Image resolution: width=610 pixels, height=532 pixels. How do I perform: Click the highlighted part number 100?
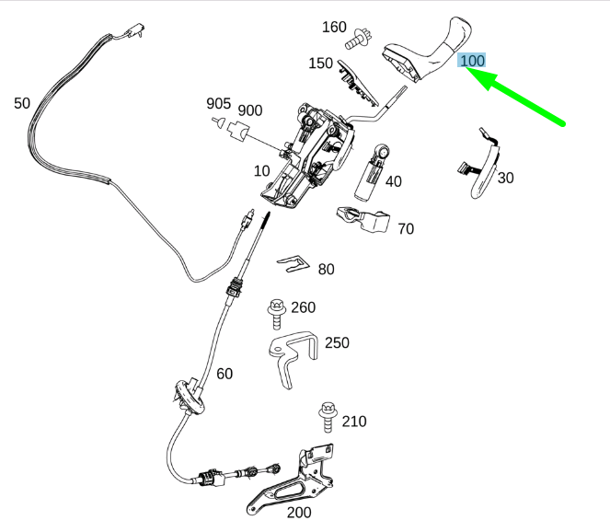coord(471,61)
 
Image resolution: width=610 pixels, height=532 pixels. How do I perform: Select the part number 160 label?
coord(334,27)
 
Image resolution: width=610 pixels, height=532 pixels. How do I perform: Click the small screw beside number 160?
coord(360,39)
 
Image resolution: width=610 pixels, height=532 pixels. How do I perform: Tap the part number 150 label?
coord(320,63)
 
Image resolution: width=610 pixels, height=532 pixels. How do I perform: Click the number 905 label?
coord(219,103)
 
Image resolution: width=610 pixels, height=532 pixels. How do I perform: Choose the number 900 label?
coord(249,110)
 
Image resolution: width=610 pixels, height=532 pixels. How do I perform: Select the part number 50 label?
coord(22,103)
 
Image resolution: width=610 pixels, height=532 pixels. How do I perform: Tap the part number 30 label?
coord(505,178)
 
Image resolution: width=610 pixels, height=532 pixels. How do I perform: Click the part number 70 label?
coord(406,229)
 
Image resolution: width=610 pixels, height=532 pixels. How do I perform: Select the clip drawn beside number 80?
coord(293,263)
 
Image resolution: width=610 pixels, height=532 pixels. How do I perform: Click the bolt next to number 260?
coord(277,314)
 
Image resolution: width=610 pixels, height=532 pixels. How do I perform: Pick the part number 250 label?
coord(337,343)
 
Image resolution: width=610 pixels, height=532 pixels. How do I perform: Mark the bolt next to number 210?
coord(328,417)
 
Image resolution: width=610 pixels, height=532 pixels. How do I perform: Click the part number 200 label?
coord(299,513)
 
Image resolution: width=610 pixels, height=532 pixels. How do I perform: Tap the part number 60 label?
coord(224,374)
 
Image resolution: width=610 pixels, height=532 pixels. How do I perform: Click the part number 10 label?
coord(262,171)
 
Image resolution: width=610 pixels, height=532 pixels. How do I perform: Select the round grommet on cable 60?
coord(189,397)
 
